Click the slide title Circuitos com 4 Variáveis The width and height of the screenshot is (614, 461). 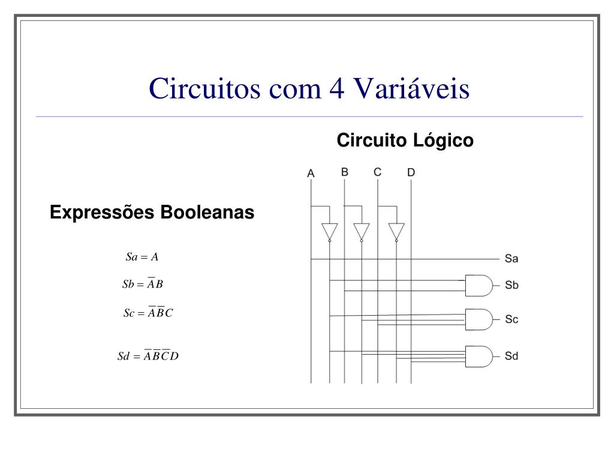tap(309, 88)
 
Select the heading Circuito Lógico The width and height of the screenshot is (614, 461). tap(405, 140)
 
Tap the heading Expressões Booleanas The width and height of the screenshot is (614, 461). tap(152, 212)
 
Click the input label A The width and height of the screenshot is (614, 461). tap(311, 173)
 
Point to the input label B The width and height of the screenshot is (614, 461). tap(345, 172)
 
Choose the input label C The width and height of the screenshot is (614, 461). tap(377, 172)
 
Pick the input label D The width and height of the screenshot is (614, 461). tap(411, 173)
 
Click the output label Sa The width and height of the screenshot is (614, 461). tap(511, 259)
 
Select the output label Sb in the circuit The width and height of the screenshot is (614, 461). tap(511, 285)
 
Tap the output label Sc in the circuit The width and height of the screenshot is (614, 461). tap(511, 319)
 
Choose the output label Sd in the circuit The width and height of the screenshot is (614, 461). tap(511, 356)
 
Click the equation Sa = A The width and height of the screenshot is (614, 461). tap(142, 257)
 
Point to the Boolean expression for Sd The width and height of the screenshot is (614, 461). tap(148, 356)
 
